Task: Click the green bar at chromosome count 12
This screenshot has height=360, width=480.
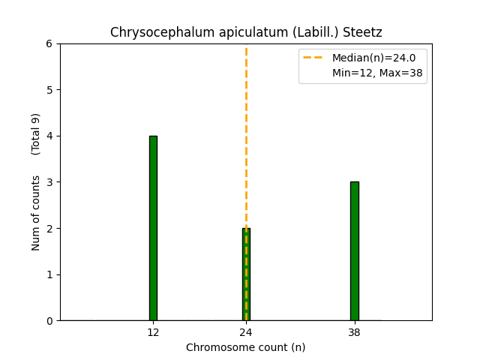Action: pyautogui.click(x=153, y=228)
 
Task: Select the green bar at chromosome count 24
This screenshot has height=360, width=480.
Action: pyautogui.click(x=246, y=274)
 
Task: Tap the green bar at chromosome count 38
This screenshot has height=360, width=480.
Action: pyautogui.click(x=354, y=251)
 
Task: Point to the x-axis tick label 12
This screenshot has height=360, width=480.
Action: pyautogui.click(x=153, y=332)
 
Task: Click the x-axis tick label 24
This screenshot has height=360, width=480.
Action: pyautogui.click(x=246, y=332)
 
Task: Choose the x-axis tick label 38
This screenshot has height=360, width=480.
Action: pyautogui.click(x=354, y=332)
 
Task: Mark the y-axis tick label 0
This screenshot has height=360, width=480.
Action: pyautogui.click(x=50, y=321)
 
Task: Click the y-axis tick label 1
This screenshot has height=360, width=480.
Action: pyautogui.click(x=50, y=274)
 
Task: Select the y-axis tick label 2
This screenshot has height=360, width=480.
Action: pyautogui.click(x=50, y=229)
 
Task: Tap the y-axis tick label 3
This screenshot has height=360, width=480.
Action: pyautogui.click(x=50, y=182)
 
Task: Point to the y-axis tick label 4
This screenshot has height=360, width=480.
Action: pyautogui.click(x=50, y=136)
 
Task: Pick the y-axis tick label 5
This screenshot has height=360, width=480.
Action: pyautogui.click(x=50, y=90)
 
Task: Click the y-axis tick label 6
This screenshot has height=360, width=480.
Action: pyautogui.click(x=50, y=43)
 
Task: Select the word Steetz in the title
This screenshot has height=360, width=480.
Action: pyautogui.click(x=365, y=33)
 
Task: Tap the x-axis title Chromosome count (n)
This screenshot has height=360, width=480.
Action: pyautogui.click(x=246, y=347)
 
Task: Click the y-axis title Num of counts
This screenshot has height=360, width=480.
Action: pyautogui.click(x=36, y=213)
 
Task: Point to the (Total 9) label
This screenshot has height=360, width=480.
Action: pyautogui.click(x=36, y=134)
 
